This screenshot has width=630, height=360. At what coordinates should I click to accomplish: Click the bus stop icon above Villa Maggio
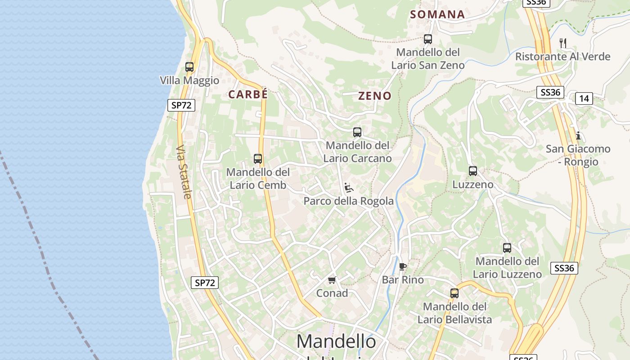tap(189, 67)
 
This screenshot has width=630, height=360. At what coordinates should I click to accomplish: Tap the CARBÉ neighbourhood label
tap(248, 94)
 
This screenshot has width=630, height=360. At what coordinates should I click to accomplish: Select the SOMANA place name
tap(437, 14)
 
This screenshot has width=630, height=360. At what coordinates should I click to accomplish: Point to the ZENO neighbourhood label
tap(375, 96)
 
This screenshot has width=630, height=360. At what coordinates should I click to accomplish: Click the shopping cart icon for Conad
tap(332, 280)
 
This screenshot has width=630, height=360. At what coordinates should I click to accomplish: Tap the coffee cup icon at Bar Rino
tap(403, 266)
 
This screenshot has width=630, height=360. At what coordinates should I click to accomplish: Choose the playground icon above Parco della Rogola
tap(348, 187)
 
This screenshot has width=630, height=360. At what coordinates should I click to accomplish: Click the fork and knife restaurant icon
tap(562, 43)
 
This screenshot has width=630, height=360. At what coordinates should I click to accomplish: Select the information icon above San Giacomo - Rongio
tap(578, 135)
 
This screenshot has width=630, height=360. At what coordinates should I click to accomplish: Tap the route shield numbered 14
tap(584, 99)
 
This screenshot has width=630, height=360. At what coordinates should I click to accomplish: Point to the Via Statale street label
tap(184, 171)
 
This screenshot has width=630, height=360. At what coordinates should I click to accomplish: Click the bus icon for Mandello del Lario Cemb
tap(258, 158)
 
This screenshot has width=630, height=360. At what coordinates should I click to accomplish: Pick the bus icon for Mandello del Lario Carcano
tap(357, 132)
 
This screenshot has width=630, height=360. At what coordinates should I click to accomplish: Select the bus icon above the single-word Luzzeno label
tap(473, 171)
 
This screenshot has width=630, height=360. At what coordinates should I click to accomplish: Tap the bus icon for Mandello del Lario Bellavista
tap(454, 293)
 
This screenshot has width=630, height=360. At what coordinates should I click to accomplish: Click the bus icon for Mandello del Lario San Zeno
tap(428, 39)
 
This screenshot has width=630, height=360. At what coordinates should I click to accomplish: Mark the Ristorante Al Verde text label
tap(562, 57)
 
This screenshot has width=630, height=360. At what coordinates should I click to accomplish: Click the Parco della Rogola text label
tap(348, 201)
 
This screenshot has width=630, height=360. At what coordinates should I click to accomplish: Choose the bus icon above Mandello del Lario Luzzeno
tap(507, 247)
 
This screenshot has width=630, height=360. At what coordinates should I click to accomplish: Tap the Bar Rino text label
tap(403, 280)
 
